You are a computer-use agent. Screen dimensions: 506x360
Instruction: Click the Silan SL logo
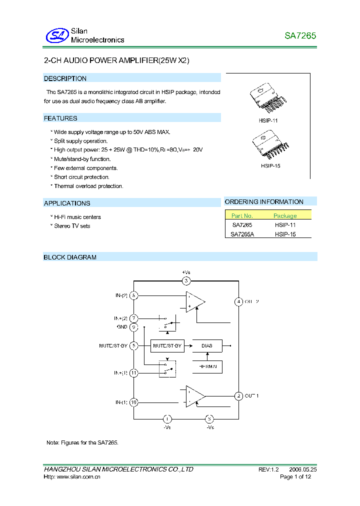[56, 35]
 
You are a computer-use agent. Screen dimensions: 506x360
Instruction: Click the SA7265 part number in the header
[300, 36]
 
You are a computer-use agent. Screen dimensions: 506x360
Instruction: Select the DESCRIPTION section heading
[65, 78]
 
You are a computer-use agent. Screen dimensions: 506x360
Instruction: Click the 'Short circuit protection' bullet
[81, 177]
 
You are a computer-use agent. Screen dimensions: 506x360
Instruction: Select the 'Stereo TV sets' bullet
[72, 226]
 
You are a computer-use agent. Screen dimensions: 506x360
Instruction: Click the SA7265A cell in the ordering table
[242, 233]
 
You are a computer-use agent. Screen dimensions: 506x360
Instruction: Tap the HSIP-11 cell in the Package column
[285, 225]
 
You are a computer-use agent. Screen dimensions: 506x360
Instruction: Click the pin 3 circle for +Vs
[186, 280]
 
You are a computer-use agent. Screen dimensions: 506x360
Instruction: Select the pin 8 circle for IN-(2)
[134, 295]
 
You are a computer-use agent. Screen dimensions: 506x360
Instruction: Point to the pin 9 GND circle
[134, 327]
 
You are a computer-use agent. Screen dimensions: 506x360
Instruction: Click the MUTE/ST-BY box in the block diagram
[167, 345]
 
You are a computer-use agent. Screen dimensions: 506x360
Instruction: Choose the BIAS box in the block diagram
[206, 345]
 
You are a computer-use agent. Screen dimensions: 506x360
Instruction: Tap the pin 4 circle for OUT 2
[239, 301]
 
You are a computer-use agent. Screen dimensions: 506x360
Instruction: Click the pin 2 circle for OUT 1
[239, 395]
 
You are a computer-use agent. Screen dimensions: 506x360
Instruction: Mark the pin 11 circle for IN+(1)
[134, 372]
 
